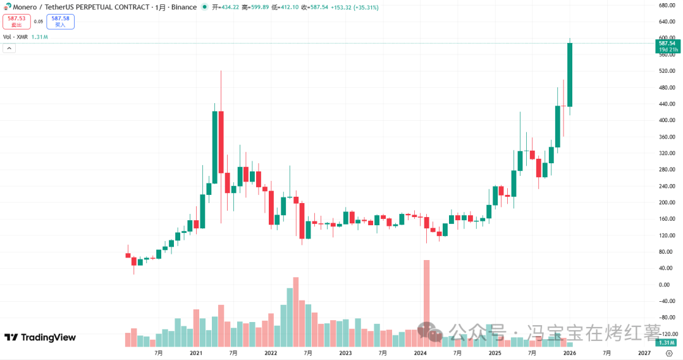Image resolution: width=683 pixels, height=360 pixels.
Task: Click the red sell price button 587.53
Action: (16, 22)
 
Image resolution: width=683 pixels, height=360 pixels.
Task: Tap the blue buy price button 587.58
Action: (60, 22)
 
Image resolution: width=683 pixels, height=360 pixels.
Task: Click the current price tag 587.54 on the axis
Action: (669, 43)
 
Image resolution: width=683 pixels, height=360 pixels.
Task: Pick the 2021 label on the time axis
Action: (196, 353)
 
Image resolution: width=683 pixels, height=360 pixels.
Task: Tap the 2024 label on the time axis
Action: (420, 353)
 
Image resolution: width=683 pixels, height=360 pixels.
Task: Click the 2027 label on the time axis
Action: (644, 353)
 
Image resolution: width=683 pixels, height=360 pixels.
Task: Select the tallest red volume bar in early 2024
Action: (426, 304)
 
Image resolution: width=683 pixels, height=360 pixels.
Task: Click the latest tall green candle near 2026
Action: (570, 75)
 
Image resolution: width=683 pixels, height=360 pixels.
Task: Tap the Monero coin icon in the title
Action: (7, 7)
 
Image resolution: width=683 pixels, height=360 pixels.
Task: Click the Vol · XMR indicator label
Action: (16, 37)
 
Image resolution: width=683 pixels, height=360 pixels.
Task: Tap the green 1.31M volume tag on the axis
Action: (668, 342)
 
